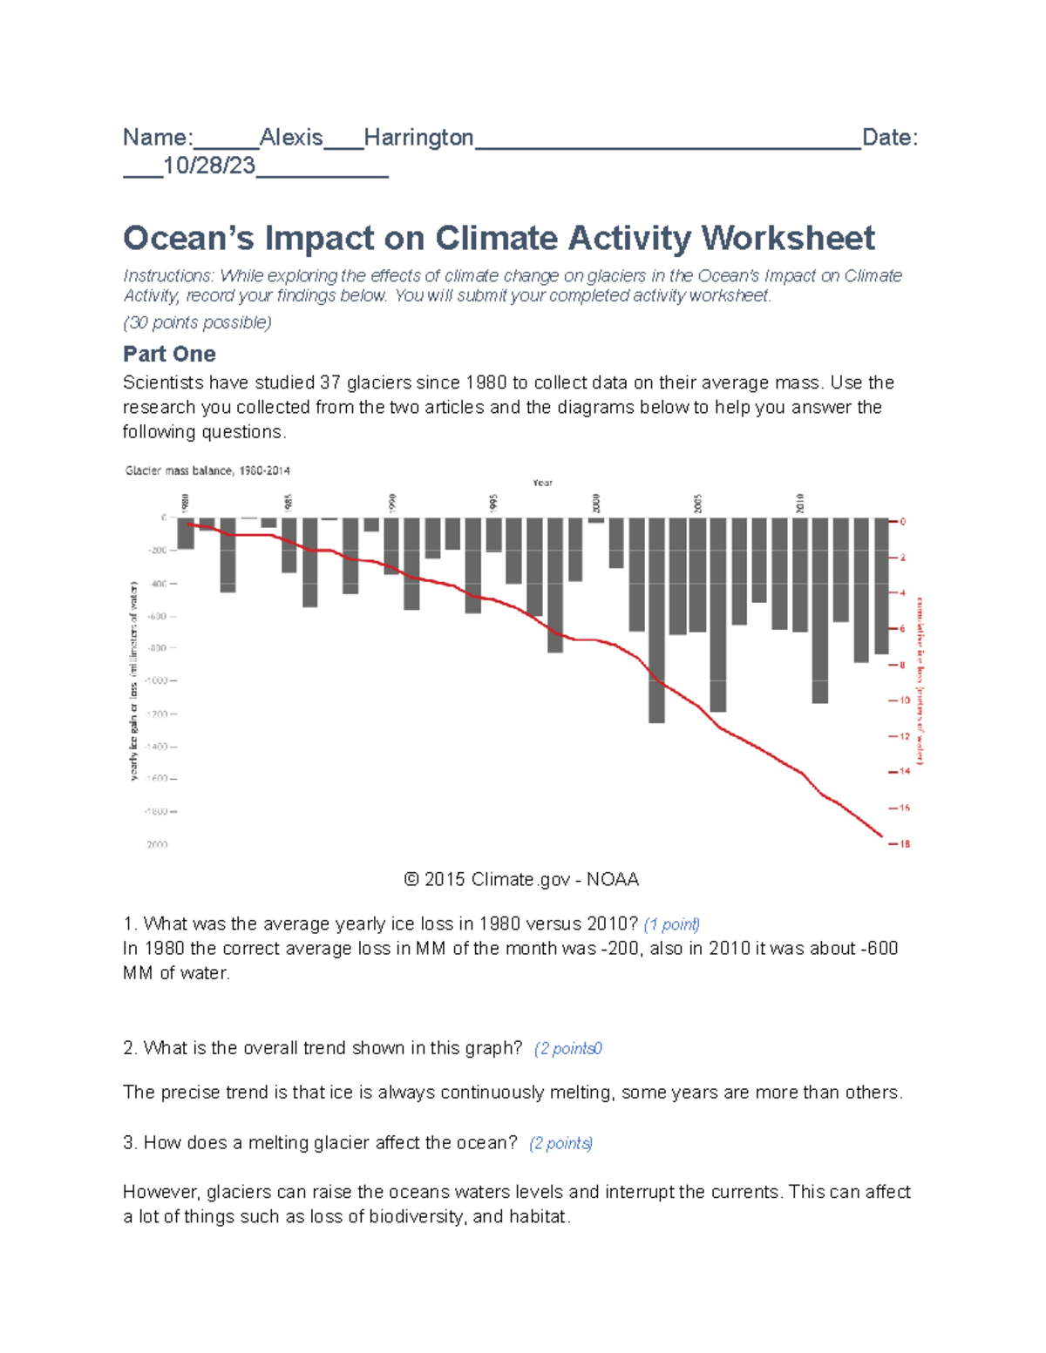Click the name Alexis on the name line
click(x=291, y=138)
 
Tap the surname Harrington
click(x=418, y=138)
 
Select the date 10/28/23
click(x=209, y=166)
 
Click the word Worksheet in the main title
click(x=788, y=238)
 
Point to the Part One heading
click(x=169, y=354)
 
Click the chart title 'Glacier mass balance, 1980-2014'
click(x=207, y=470)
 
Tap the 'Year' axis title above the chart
click(x=542, y=483)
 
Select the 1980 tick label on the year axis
click(x=185, y=503)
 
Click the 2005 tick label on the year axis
click(x=698, y=504)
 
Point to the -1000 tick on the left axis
click(x=160, y=680)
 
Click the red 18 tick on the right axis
click(x=904, y=844)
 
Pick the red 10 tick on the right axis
click(x=903, y=700)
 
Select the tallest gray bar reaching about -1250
click(x=656, y=620)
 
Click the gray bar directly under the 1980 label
click(x=186, y=533)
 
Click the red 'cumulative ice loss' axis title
click(x=919, y=680)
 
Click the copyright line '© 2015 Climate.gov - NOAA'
click(x=521, y=880)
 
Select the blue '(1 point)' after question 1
click(x=671, y=924)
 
